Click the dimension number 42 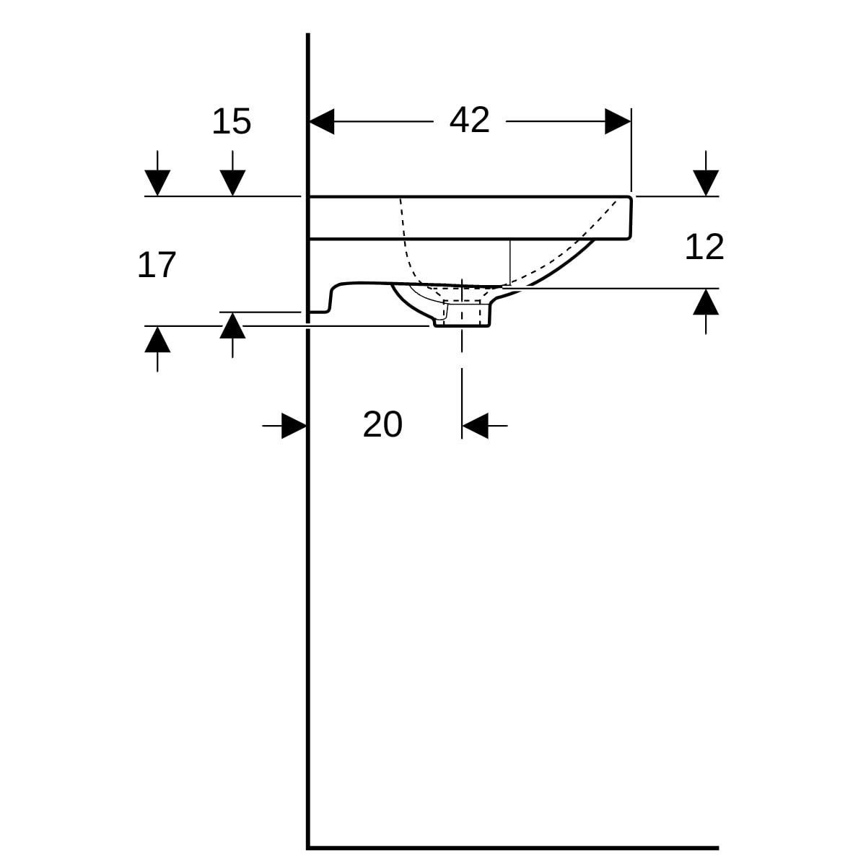[469, 121]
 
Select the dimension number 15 [232, 121]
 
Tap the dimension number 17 [157, 265]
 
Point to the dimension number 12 [704, 247]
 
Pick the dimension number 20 [382, 424]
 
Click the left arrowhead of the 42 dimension [322, 121]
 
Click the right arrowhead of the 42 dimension [618, 121]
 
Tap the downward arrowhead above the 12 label [706, 183]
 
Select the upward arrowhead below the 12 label [706, 302]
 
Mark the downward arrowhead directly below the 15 [232, 183]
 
